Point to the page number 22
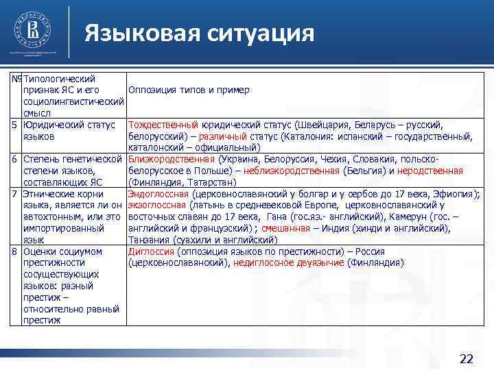(466, 358)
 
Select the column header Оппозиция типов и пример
(189, 90)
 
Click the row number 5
(14, 125)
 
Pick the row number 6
(14, 159)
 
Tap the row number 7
(14, 194)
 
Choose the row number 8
(14, 251)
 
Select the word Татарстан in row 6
(211, 182)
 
